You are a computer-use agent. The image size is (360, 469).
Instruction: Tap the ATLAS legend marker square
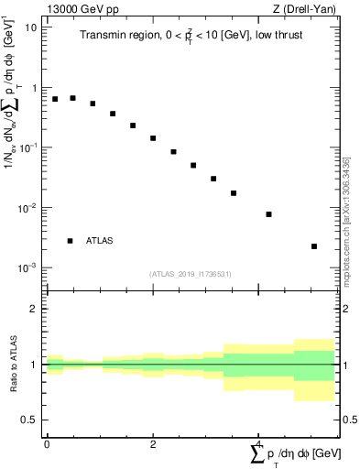click(70, 241)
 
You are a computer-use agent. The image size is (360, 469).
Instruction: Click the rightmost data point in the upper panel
click(313, 246)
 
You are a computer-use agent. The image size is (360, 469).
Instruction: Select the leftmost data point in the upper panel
click(55, 99)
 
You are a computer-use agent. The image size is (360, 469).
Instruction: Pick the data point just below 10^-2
click(268, 214)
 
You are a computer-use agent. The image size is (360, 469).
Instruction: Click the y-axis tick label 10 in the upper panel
click(30, 27)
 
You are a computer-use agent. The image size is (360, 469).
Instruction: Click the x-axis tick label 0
click(47, 442)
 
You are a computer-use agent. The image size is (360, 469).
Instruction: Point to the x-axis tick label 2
click(153, 442)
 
